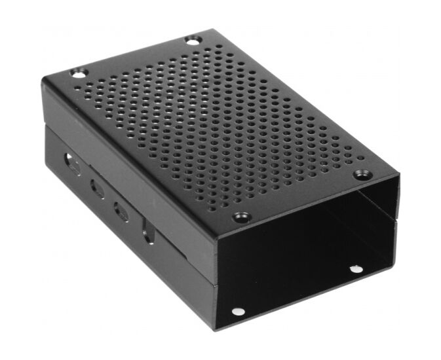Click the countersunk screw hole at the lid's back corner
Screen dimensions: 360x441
(192, 41)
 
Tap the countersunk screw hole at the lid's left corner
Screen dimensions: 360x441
(78, 73)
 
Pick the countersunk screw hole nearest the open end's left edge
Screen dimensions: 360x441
(241, 217)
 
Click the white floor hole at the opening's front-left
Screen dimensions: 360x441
(238, 312)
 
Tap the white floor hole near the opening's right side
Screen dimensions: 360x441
(355, 269)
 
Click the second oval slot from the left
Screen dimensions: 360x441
(97, 188)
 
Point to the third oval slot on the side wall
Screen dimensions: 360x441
(121, 211)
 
